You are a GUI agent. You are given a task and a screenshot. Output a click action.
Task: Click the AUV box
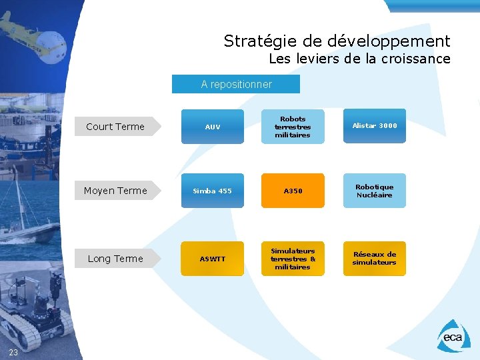click(x=212, y=127)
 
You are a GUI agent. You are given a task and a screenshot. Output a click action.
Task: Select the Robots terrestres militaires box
click(x=292, y=127)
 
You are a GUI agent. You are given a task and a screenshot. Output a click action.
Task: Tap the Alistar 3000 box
click(x=374, y=125)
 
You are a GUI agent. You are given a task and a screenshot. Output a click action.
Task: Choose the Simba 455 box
click(x=212, y=191)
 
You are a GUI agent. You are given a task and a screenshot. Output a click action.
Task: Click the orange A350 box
click(x=292, y=191)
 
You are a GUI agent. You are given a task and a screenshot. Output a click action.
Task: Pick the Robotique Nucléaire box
click(x=374, y=191)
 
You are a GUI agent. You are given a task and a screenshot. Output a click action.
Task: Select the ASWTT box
click(x=212, y=259)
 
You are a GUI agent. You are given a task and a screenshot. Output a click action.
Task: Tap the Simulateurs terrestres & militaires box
click(x=292, y=259)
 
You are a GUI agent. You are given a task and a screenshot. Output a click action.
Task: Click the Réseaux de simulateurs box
click(x=374, y=258)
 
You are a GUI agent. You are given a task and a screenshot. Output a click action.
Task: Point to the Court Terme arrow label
click(x=116, y=127)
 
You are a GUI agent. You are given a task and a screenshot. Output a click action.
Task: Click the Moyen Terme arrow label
click(x=116, y=191)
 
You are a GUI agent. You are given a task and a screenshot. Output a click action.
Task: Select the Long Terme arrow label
click(x=116, y=259)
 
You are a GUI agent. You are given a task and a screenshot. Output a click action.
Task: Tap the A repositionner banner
click(x=236, y=85)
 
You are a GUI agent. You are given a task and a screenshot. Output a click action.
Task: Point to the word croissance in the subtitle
click(x=416, y=59)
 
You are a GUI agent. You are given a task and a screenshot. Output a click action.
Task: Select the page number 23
click(x=13, y=352)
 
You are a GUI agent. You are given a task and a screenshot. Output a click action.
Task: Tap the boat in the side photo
click(x=30, y=230)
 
